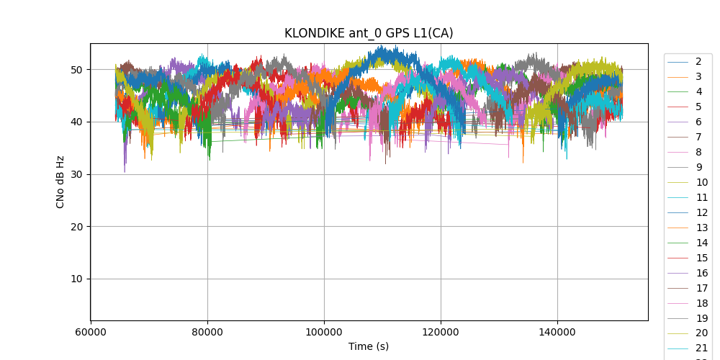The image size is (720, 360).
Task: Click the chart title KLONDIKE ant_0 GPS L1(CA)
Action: [x=369, y=33]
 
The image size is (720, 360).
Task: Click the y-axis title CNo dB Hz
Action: [x=60, y=182]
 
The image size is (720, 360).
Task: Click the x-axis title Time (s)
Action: [x=369, y=346]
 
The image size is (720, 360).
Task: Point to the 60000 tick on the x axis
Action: [x=91, y=331]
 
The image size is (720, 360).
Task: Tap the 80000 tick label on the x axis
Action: [x=207, y=331]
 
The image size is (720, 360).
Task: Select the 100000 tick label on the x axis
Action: [x=324, y=331]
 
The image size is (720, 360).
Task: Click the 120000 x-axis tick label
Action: [x=441, y=331]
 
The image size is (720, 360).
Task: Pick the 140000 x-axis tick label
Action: [x=557, y=331]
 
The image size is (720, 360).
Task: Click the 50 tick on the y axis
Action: [x=76, y=70]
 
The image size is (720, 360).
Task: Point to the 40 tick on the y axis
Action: [x=76, y=122]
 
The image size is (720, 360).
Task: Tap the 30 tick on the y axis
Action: [x=76, y=174]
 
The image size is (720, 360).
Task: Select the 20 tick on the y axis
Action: [x=76, y=226]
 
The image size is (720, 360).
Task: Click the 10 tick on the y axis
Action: [x=76, y=279]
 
